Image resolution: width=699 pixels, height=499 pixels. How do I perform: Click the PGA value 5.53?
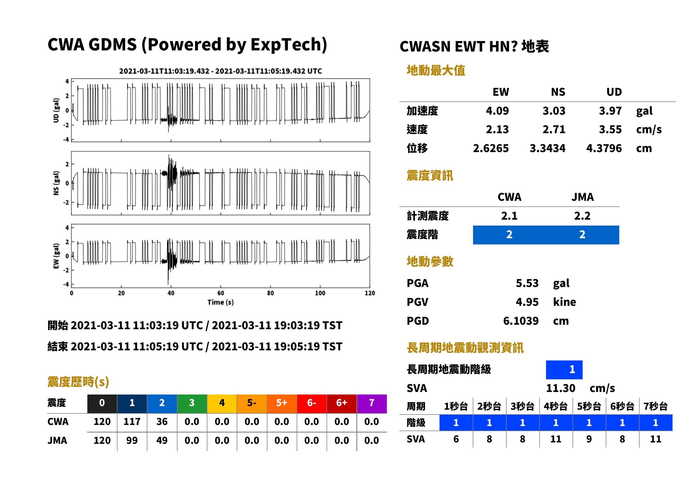[527, 283]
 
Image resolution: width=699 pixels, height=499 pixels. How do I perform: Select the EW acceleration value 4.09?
[497, 111]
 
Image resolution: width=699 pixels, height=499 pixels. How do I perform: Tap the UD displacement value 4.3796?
[604, 148]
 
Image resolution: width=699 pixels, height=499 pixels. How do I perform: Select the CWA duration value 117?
[132, 422]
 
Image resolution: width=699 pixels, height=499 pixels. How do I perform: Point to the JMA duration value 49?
[162, 440]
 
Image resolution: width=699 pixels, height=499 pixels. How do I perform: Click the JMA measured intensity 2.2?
[582, 216]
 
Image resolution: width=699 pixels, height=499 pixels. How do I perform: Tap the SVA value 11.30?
[560, 388]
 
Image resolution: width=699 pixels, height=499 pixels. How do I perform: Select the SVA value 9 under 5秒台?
[589, 439]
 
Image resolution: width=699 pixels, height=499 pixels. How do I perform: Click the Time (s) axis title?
[220, 302]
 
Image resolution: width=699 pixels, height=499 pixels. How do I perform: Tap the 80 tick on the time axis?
[270, 293]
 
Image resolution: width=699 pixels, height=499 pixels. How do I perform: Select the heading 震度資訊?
[430, 175]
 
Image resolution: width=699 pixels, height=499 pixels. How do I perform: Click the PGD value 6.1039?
[521, 321]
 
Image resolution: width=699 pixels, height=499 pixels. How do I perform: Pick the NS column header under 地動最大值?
[558, 92]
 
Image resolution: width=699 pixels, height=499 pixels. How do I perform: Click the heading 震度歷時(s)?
[78, 382]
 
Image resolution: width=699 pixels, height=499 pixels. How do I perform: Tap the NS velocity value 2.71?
[554, 129]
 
